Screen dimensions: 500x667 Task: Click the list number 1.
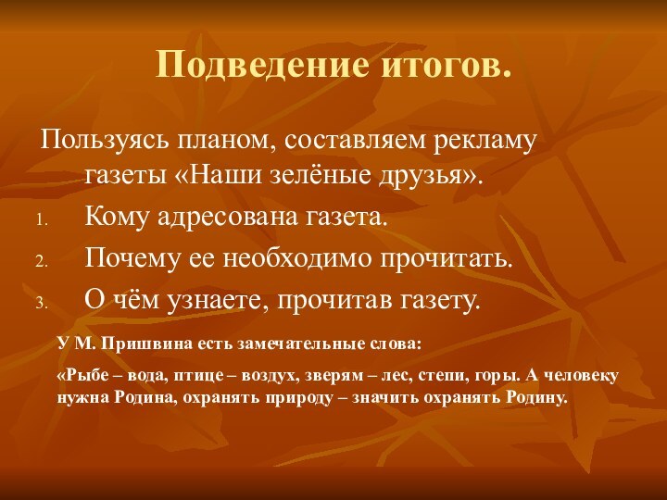(x=41, y=219)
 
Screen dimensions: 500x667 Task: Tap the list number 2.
(x=41, y=261)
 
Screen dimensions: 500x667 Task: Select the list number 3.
(x=41, y=303)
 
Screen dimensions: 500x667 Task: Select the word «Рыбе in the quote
(x=79, y=376)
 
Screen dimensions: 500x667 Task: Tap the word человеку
(x=581, y=376)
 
